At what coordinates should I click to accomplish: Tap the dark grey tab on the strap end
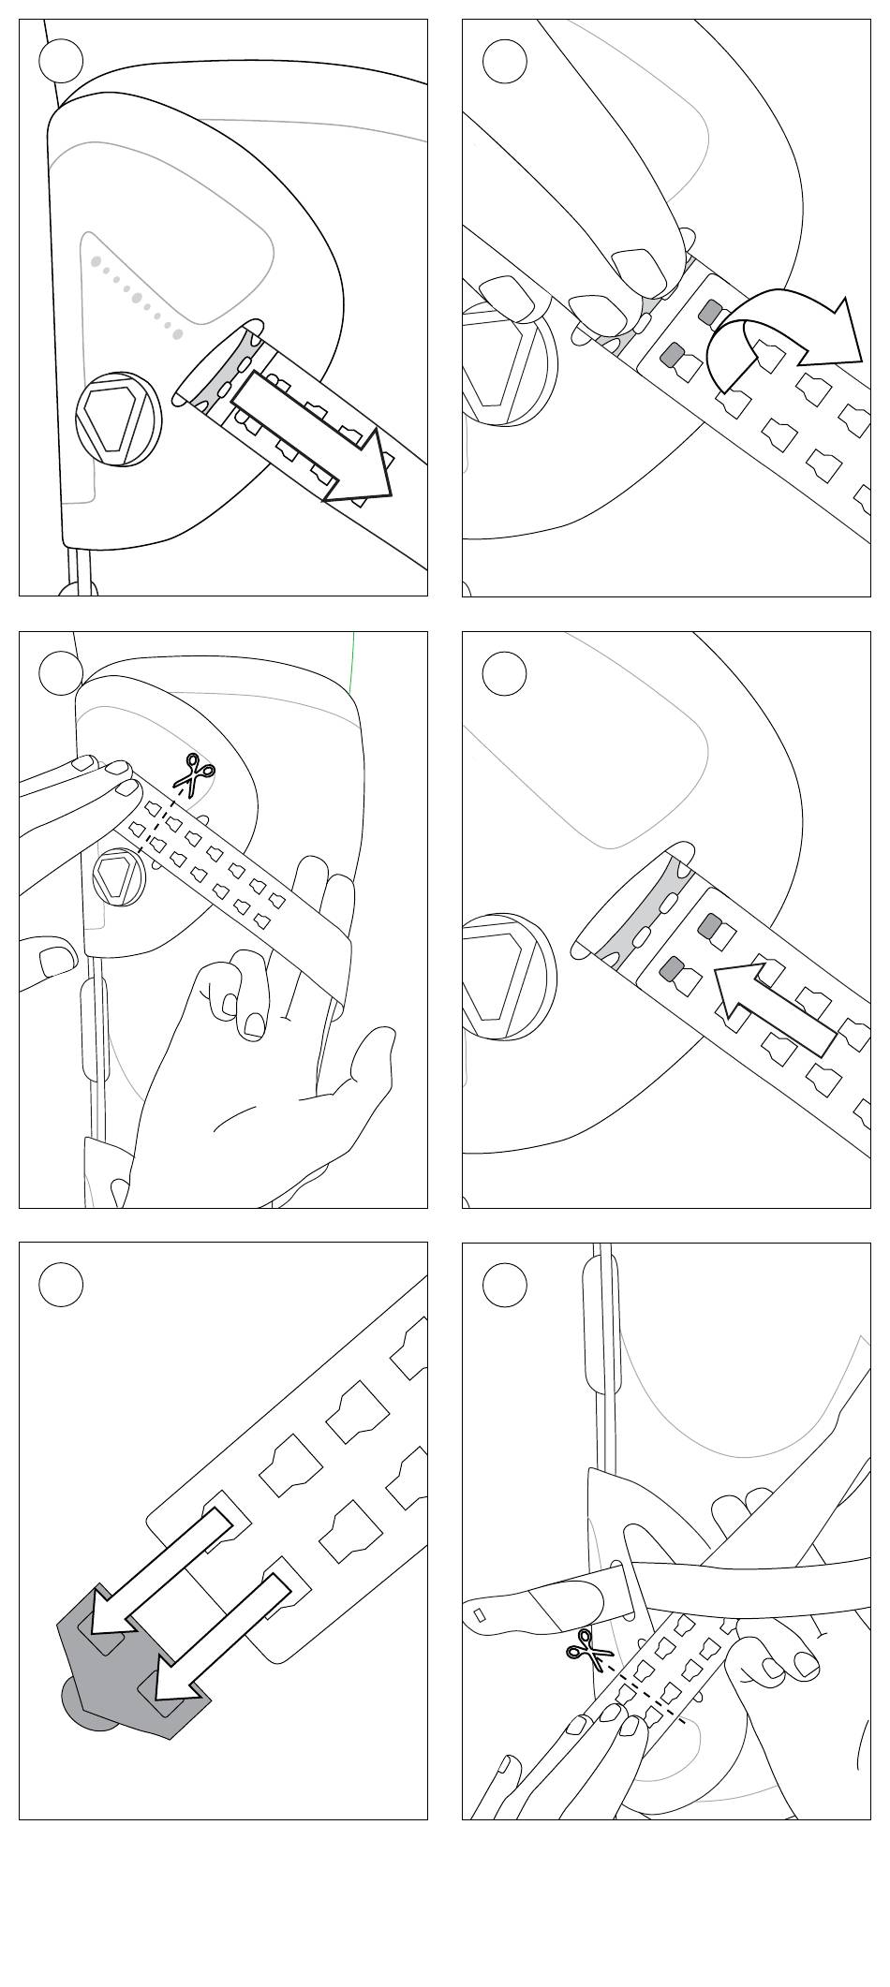click(x=131, y=1657)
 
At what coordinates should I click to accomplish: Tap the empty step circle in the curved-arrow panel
click(x=504, y=62)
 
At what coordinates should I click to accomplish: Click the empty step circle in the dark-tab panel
click(x=61, y=1284)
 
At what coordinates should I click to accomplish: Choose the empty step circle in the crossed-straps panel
click(x=504, y=1284)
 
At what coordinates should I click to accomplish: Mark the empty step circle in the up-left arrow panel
click(x=504, y=673)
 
